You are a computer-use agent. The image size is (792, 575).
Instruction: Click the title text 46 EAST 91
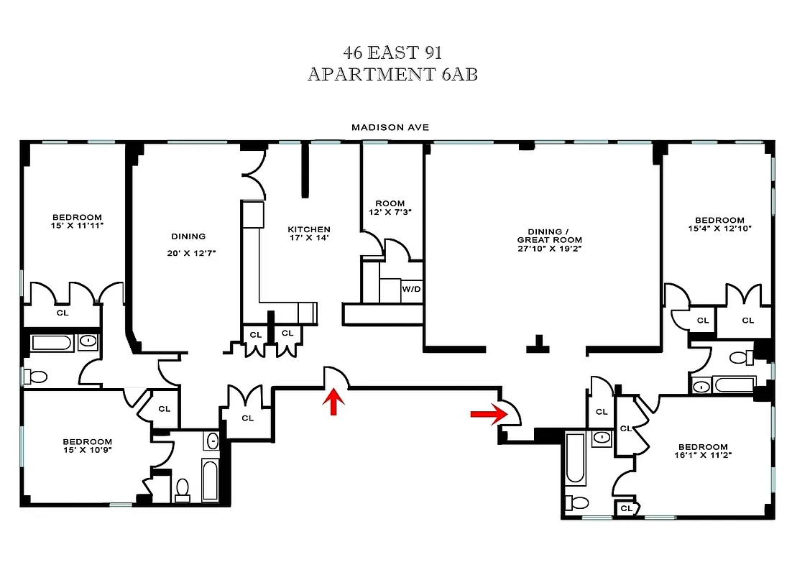click(392, 52)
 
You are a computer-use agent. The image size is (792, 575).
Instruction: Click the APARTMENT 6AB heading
click(392, 74)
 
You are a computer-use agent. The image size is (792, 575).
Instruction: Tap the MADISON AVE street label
click(390, 127)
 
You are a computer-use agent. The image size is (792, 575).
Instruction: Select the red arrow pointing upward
click(333, 403)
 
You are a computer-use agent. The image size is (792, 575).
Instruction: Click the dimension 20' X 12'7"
click(188, 252)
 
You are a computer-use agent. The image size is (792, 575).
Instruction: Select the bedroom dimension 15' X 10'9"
click(87, 451)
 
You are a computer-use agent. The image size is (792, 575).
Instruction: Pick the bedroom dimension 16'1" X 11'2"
click(701, 456)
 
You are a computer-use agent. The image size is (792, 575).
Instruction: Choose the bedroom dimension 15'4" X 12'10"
click(719, 229)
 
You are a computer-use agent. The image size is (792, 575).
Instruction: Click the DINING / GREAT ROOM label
click(550, 236)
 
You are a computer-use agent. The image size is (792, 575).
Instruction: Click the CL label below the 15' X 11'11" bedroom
click(63, 313)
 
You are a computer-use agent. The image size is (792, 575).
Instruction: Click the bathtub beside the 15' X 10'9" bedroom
click(211, 479)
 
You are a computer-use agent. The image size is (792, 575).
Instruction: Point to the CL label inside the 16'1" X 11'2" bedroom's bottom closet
click(625, 509)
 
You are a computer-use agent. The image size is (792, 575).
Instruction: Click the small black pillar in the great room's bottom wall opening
click(535, 345)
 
